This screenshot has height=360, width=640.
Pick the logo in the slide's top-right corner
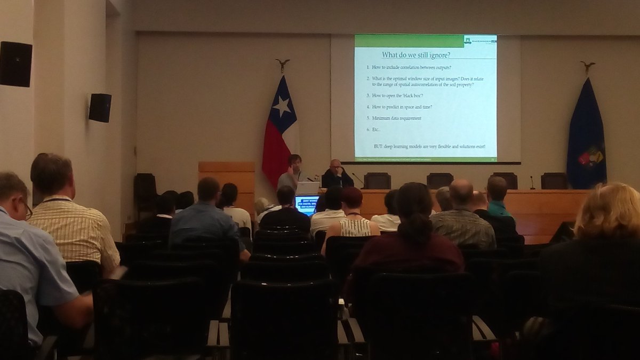click(x=480, y=41)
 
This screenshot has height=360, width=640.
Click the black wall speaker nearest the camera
click(x=15, y=63)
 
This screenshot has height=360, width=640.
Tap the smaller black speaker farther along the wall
click(x=100, y=107)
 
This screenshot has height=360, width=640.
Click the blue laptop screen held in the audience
click(x=307, y=204)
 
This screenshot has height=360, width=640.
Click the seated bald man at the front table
click(x=336, y=174)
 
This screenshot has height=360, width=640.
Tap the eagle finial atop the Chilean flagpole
click(x=283, y=65)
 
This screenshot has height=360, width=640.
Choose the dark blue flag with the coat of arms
click(x=586, y=135)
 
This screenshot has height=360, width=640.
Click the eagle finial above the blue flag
click(x=588, y=67)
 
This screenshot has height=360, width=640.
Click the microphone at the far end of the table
click(x=532, y=182)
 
